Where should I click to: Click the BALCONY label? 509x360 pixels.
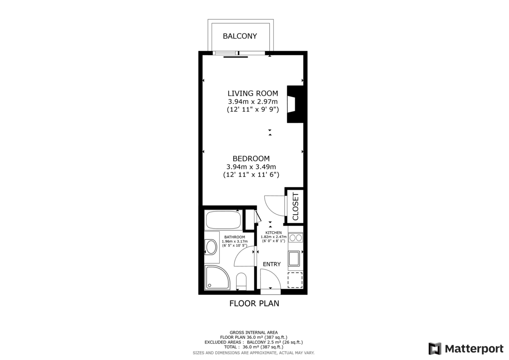click(x=240, y=36)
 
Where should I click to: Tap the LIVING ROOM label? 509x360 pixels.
click(x=253, y=93)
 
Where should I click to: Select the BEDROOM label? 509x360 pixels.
click(x=251, y=159)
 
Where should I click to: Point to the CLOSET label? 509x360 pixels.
click(x=295, y=207)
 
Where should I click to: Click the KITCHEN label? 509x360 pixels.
click(x=274, y=233)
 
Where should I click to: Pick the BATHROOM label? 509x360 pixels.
click(x=235, y=237)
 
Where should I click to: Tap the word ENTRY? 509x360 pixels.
click(x=272, y=264)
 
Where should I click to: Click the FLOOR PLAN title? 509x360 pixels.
click(x=254, y=304)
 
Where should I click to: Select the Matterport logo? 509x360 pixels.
click(x=466, y=349)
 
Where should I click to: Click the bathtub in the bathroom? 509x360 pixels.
click(x=224, y=220)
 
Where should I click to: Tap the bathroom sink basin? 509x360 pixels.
click(x=211, y=247)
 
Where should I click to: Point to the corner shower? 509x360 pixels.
click(x=218, y=278)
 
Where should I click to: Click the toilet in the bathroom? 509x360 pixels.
click(x=241, y=281)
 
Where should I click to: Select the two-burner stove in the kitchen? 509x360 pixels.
click(x=296, y=238)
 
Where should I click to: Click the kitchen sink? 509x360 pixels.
click(x=294, y=259)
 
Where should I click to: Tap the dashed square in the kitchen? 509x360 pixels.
click(x=295, y=280)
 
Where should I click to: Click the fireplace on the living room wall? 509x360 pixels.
click(x=295, y=104)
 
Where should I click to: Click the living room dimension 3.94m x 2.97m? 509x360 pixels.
click(x=253, y=101)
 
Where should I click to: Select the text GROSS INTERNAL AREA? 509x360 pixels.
click(x=254, y=332)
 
